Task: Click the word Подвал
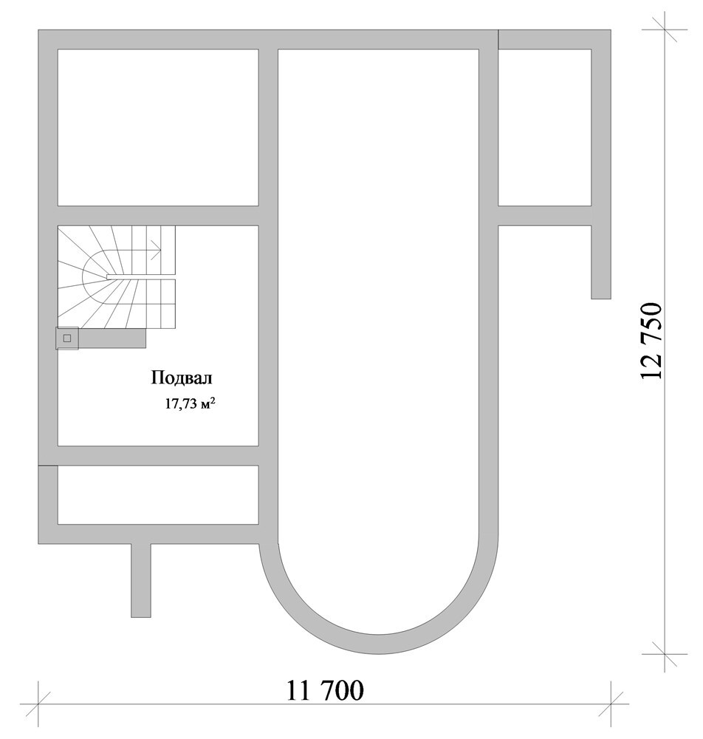pos(182,378)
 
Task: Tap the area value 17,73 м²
pos(191,404)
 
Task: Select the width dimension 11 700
pos(325,690)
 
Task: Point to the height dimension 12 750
pos(651,341)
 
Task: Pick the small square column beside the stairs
pos(67,338)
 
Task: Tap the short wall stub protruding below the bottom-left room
pos(141,580)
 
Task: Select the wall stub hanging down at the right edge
pos(601,262)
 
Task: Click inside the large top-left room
pos(158,127)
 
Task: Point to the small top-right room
pos(544,127)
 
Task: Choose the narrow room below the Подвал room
pos(158,494)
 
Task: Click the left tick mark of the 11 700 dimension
pos(38,704)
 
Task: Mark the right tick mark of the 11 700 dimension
pos(611,704)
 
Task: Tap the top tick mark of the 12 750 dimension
pos(664,30)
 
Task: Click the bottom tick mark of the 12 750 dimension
pos(664,654)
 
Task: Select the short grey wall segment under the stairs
pos(112,338)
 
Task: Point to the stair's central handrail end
pos(109,277)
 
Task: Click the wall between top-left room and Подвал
pos(158,215)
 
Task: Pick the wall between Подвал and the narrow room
pos(158,456)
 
